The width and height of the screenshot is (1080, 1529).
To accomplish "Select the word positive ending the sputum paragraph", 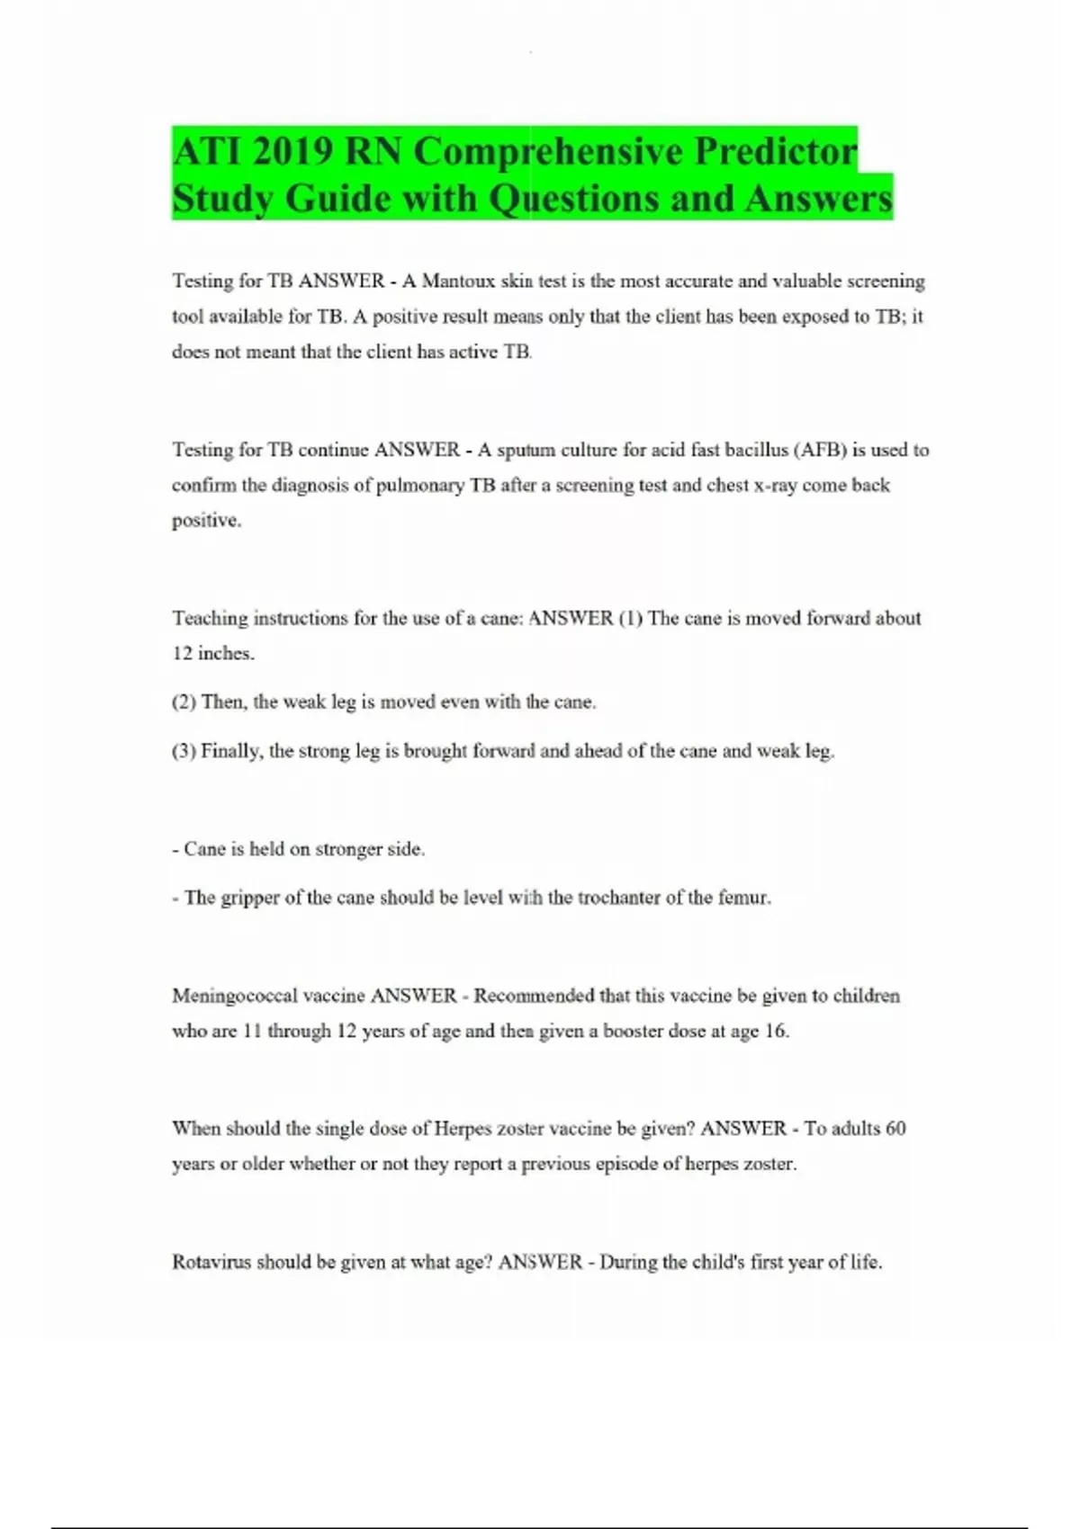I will pyautogui.click(x=206, y=521).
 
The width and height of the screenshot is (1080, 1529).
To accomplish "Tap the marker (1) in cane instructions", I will pyautogui.click(x=630, y=619).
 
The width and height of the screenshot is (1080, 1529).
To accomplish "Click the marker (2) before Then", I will pyautogui.click(x=184, y=702).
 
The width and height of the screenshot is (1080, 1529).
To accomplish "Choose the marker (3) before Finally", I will pyautogui.click(x=184, y=751).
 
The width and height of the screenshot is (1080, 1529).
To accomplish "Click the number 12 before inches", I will pyautogui.click(x=182, y=654).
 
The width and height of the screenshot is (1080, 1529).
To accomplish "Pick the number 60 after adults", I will pyautogui.click(x=895, y=1129).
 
